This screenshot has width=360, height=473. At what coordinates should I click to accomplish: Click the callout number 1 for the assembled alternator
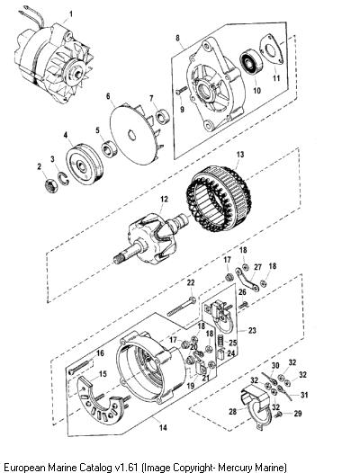click(x=71, y=13)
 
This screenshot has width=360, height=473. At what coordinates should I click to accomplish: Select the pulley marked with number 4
click(x=85, y=165)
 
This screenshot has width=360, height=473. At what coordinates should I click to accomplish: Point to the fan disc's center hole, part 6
click(x=132, y=135)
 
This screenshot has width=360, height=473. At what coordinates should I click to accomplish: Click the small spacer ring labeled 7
click(x=162, y=116)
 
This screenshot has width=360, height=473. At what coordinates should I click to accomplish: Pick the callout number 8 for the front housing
click(x=177, y=38)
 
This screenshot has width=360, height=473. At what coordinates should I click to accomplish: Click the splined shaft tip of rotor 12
click(x=119, y=258)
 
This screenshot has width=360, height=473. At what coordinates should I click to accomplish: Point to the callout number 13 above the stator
click(x=240, y=155)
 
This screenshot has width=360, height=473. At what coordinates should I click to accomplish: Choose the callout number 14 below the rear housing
click(x=163, y=427)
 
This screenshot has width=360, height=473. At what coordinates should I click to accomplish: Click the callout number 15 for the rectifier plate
click(x=103, y=374)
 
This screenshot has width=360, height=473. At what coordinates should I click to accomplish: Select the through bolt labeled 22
click(x=181, y=307)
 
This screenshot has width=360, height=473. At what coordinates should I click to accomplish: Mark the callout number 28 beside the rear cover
click(x=232, y=412)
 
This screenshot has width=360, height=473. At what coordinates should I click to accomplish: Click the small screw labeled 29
click(x=278, y=415)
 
